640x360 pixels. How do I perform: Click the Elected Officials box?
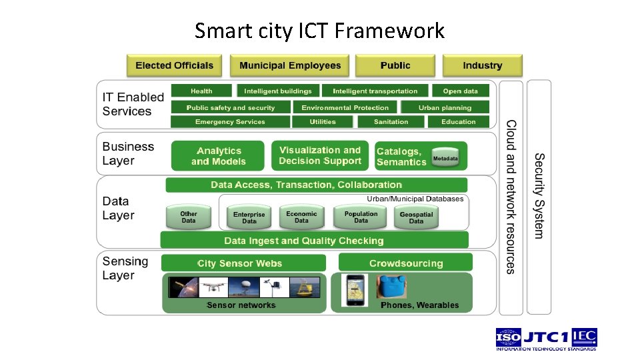click(174, 65)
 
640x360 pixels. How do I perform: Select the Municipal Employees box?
click(290, 65)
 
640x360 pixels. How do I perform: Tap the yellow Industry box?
click(482, 65)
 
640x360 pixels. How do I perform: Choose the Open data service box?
click(460, 91)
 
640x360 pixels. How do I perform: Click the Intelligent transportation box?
click(375, 91)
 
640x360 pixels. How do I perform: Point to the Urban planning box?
click(445, 107)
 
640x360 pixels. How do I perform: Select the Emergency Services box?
click(230, 122)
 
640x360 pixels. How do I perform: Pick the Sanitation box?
click(391, 122)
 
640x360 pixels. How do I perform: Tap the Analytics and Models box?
click(218, 156)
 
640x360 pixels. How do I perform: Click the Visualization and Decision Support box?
click(319, 156)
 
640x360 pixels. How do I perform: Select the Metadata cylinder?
click(445, 158)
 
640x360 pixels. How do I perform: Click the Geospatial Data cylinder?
click(416, 217)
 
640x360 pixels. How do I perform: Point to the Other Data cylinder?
click(189, 217)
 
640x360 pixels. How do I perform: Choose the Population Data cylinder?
click(361, 217)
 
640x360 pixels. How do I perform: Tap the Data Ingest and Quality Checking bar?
click(314, 241)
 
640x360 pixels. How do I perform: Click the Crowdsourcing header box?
click(405, 263)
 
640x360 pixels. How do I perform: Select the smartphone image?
click(355, 290)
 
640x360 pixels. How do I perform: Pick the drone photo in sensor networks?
click(213, 287)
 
